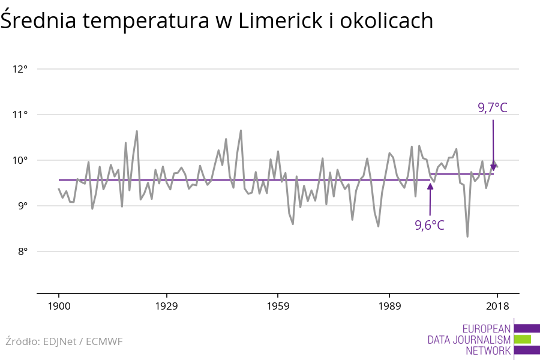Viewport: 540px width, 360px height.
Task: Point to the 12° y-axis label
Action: coord(20,69)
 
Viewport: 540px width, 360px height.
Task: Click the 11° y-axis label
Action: coord(20,115)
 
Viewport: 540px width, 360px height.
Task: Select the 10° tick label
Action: coord(20,160)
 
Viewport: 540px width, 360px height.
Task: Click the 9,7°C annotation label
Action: coord(493,108)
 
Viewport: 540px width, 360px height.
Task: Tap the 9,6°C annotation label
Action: coord(430,226)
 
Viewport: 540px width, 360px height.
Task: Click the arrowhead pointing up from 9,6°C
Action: coord(430,185)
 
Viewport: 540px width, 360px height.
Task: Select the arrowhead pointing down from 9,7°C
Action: coord(493,167)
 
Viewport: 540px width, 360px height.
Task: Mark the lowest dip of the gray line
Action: coord(467,236)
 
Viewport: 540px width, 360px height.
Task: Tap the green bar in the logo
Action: coord(522,339)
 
